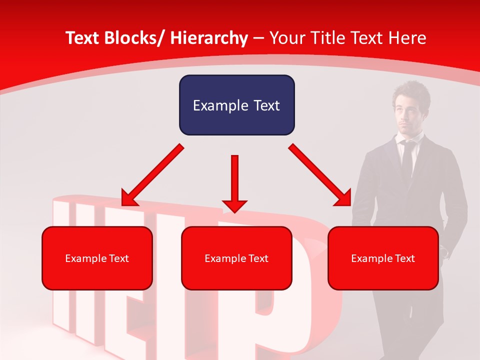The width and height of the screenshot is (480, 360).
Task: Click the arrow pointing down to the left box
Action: tap(152, 175)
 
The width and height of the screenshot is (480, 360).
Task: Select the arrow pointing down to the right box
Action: tap(320, 175)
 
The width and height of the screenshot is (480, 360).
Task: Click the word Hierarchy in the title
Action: tap(209, 38)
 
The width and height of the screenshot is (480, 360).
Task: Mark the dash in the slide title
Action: tap(258, 38)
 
